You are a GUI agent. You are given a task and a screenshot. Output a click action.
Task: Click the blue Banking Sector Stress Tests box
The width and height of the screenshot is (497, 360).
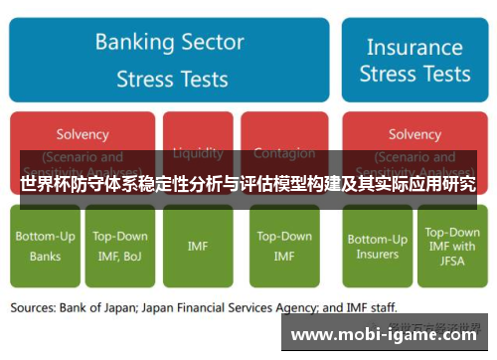coord(169,59)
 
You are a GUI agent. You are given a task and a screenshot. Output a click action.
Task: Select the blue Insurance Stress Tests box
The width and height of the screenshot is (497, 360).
coord(414,59)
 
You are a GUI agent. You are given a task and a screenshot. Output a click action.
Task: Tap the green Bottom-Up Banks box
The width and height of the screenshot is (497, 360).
coord(45,246)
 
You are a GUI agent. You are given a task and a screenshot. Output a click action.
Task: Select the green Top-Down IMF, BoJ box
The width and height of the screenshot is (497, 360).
coord(119,246)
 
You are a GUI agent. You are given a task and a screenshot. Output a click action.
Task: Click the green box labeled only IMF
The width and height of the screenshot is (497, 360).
coord(198,246)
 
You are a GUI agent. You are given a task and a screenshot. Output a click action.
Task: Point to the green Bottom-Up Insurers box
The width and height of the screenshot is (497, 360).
coord(377,246)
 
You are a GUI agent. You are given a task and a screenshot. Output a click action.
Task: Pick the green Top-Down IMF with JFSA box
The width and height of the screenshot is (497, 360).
coord(450,246)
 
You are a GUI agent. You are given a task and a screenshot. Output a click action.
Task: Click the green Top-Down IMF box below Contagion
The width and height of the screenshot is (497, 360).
coord(283,246)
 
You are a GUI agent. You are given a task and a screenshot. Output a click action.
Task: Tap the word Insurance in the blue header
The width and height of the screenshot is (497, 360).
coord(414,47)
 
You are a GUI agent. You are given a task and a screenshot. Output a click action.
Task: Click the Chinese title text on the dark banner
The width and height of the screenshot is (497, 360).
coord(248,184)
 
